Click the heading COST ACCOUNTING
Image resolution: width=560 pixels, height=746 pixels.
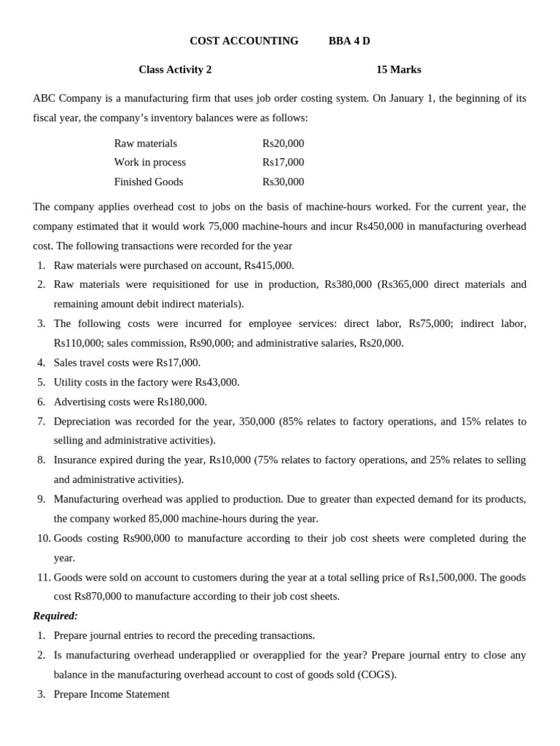[x=244, y=41]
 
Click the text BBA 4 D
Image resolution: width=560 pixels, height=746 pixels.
[x=349, y=41]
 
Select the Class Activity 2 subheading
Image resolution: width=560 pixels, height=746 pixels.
[x=175, y=70]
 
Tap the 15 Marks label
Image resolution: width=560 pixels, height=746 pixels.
[x=398, y=70]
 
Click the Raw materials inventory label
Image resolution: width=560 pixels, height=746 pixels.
[x=145, y=144]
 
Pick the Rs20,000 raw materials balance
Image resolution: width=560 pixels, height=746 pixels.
[x=283, y=144]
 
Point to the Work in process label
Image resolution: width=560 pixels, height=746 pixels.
[x=149, y=162]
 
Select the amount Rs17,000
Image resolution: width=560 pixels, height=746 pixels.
[x=283, y=162]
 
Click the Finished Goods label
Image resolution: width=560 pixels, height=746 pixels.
[x=148, y=182]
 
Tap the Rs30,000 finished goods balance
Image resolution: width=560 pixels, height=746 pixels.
[x=283, y=182]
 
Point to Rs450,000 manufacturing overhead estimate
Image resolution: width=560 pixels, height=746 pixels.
[x=379, y=227]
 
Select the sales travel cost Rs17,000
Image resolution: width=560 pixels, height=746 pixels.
[x=178, y=363]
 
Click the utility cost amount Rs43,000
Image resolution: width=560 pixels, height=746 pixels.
[x=217, y=382]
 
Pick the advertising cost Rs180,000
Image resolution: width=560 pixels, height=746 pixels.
[x=181, y=402]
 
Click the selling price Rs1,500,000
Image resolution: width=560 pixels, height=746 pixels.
[x=447, y=578]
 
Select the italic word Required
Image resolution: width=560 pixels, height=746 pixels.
[x=55, y=616]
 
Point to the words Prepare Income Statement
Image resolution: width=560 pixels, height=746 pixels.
[x=112, y=694]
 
